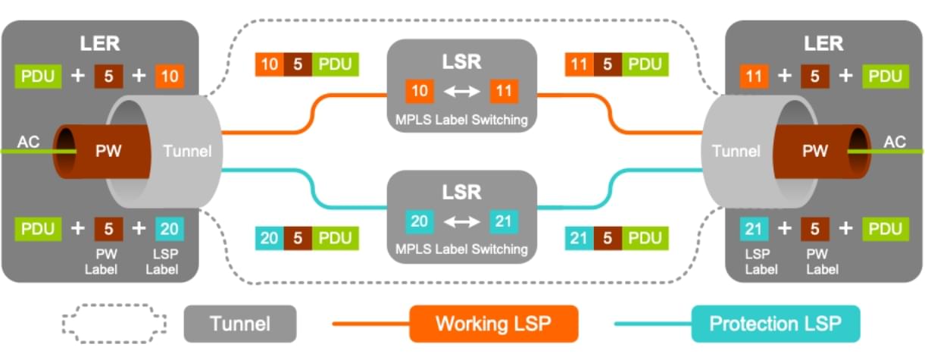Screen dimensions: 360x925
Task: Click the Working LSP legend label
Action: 493,324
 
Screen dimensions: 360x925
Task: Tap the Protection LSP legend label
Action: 775,324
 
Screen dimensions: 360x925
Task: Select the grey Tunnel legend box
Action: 240,324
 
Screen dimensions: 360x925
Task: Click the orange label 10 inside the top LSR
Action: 418,91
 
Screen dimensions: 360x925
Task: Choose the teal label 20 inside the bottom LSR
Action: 418,221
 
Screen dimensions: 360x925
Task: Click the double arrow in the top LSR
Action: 461,91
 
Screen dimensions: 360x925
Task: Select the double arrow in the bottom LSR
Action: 461,221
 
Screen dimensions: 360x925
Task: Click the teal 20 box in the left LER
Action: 169,229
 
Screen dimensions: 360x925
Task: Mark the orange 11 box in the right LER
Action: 754,76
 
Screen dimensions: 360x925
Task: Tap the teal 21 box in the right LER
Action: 754,229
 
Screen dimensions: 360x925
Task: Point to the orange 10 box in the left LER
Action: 169,76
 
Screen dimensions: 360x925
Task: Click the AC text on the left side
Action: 28,142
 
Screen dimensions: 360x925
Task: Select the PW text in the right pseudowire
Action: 816,151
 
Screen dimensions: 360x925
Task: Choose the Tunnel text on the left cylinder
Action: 188,151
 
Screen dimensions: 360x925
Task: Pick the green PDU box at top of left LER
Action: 39,76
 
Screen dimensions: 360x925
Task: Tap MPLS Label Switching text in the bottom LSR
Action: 462,249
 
